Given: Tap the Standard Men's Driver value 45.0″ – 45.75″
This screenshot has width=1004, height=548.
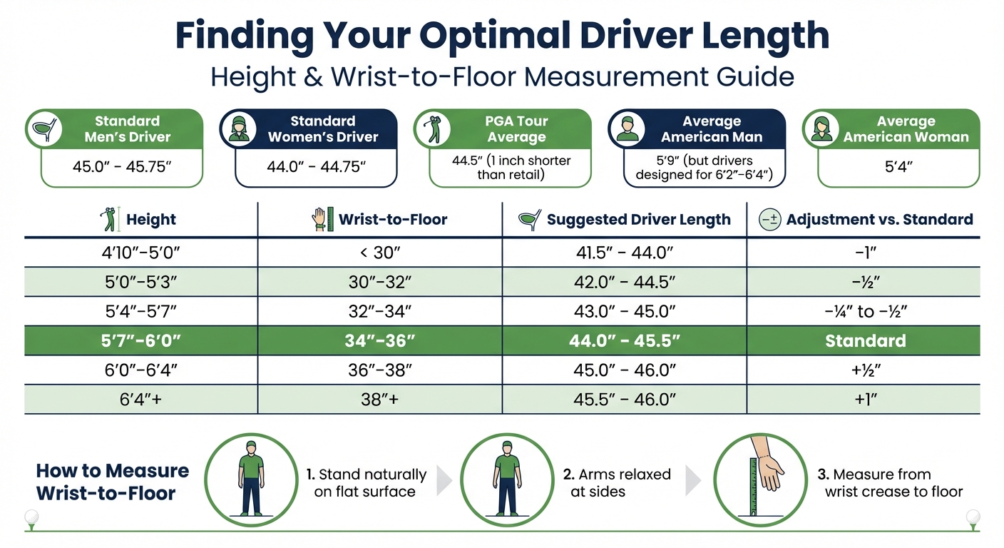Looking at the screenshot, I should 122,168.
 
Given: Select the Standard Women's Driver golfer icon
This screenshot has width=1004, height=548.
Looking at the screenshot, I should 238,129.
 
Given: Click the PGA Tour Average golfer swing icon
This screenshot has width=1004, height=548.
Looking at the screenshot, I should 432,129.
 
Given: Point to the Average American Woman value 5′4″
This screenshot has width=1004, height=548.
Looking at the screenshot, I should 898,168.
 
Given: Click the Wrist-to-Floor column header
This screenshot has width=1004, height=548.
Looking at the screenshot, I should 392,220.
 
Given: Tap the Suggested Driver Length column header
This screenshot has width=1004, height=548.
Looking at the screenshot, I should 638,220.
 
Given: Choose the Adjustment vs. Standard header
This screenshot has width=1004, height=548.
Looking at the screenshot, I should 879,220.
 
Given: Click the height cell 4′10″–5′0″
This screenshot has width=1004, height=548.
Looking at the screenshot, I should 141,252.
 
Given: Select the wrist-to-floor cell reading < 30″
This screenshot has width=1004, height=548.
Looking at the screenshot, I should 380,252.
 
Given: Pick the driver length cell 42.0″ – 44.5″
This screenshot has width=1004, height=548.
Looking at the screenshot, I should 625,282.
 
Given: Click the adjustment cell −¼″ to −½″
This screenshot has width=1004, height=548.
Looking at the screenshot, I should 865,311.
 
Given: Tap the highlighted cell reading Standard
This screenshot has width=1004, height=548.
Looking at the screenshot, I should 865,340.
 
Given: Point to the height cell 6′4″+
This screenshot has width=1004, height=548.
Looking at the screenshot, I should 141,400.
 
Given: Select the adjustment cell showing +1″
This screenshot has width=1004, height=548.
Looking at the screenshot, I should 865,400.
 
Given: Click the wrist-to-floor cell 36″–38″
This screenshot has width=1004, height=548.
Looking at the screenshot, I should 380,370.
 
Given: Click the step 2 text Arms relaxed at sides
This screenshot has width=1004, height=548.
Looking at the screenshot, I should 616,483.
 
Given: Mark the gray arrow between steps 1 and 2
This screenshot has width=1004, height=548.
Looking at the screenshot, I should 444,482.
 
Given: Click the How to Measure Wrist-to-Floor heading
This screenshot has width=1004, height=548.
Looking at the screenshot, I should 113,482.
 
